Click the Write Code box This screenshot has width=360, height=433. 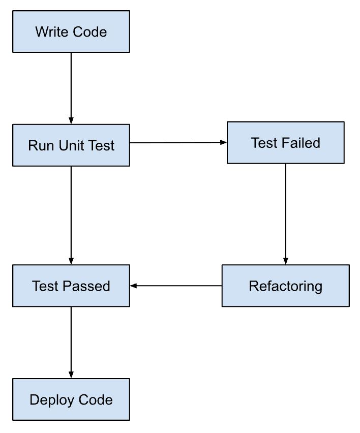pos(71,32)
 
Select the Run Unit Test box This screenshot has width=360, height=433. pos(71,145)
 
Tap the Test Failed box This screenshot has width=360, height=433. pos(285,143)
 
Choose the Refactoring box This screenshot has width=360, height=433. pos(285,286)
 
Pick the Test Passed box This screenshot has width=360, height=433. pos(71,286)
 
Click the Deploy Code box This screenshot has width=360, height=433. pos(71,399)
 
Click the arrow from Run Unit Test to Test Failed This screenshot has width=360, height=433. pos(178,143)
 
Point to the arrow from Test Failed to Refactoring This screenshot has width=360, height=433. pos(285,213)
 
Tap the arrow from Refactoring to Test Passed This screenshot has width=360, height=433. pos(176,286)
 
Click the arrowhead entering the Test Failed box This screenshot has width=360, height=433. pos(223,143)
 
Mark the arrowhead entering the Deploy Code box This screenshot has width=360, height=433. pos(71,375)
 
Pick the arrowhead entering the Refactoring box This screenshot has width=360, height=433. pos(285,261)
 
